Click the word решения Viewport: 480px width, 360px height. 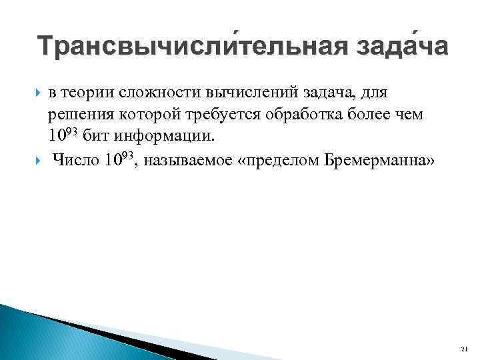tap(77, 114)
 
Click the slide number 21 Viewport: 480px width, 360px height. tap(465, 349)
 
